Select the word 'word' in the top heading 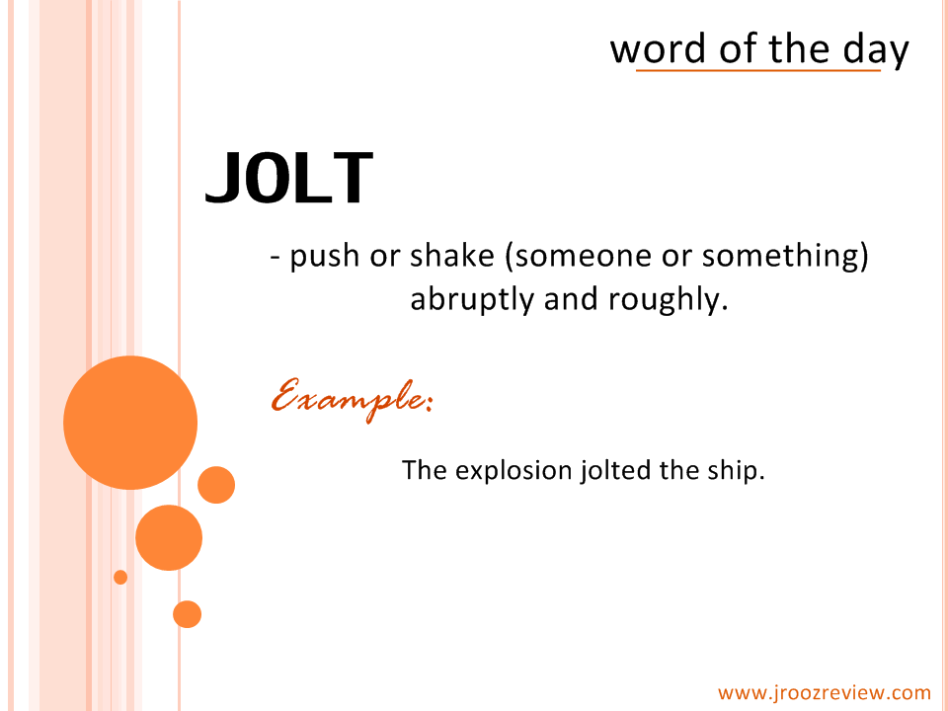(x=658, y=48)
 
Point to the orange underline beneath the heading (x=758, y=71)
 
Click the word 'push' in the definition (x=325, y=257)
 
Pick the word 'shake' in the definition (x=452, y=255)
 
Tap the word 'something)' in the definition (x=785, y=256)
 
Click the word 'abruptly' (x=472, y=299)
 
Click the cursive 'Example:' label (x=352, y=398)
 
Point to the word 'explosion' (x=513, y=471)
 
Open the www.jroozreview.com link (x=824, y=693)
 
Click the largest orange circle (x=130, y=423)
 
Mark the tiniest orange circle (x=120, y=578)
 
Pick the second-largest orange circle (x=169, y=537)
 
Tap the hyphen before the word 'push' (x=276, y=258)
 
